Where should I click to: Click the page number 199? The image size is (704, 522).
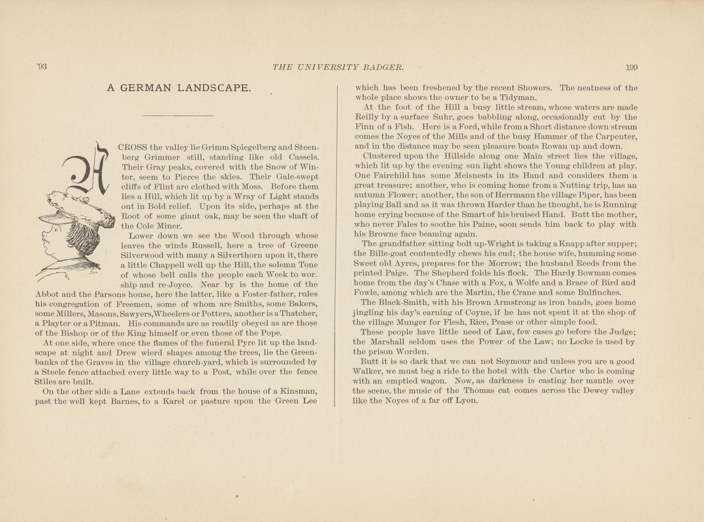[631, 68]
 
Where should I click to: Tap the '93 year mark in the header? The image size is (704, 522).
[42, 67]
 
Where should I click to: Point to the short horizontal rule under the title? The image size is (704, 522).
[178, 115]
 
